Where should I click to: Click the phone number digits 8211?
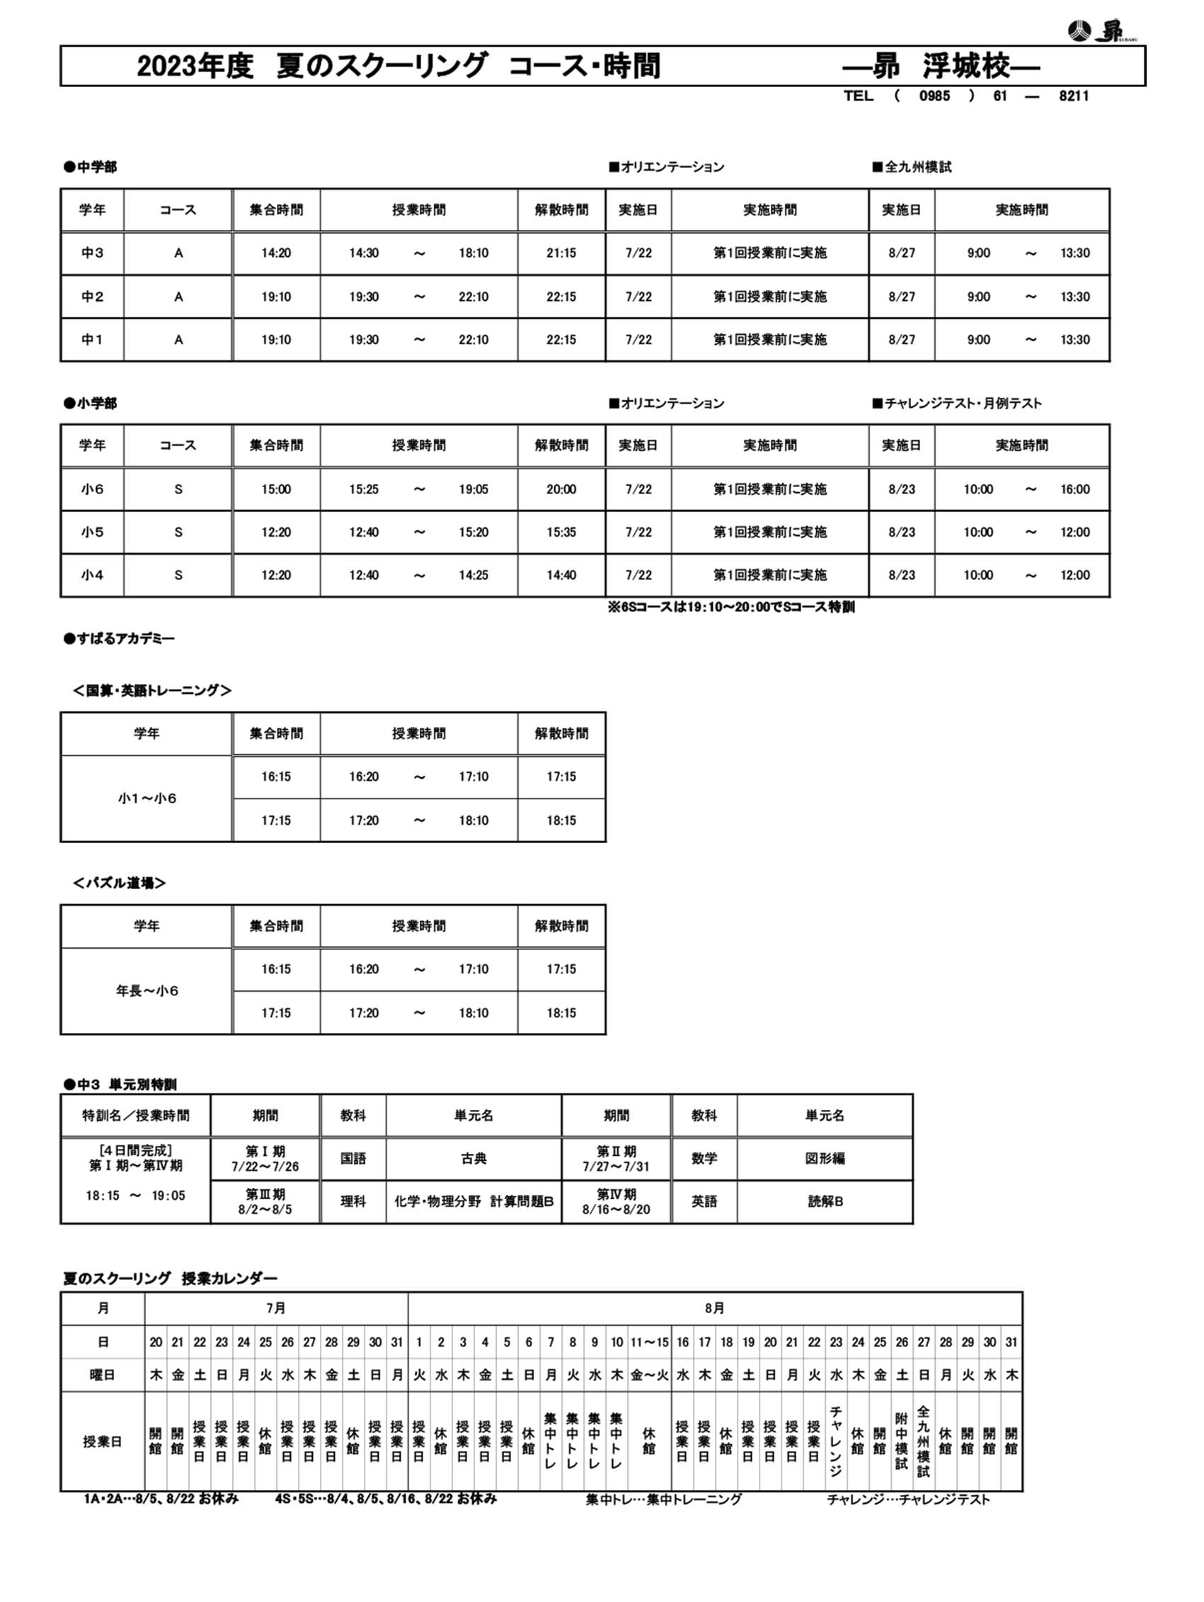(1073, 96)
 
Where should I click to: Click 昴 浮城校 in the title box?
(941, 66)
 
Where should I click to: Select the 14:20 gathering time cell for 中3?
(276, 253)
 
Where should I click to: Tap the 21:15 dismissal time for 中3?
(561, 253)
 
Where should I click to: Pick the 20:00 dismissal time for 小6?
(561, 489)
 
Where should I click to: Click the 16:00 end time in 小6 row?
(1074, 489)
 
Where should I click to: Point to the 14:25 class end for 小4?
(473, 575)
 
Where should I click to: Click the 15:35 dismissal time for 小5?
(561, 532)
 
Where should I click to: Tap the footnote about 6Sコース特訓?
(730, 607)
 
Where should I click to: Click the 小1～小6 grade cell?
(147, 798)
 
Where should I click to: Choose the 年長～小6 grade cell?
(147, 990)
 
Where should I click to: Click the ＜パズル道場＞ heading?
(120, 883)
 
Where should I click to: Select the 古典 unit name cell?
(474, 1159)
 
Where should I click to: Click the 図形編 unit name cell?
(825, 1159)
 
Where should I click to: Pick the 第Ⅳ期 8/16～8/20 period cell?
(616, 1201)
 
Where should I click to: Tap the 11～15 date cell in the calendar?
(649, 1342)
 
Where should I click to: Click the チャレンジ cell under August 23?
(835, 1441)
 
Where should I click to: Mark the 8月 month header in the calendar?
(715, 1309)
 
